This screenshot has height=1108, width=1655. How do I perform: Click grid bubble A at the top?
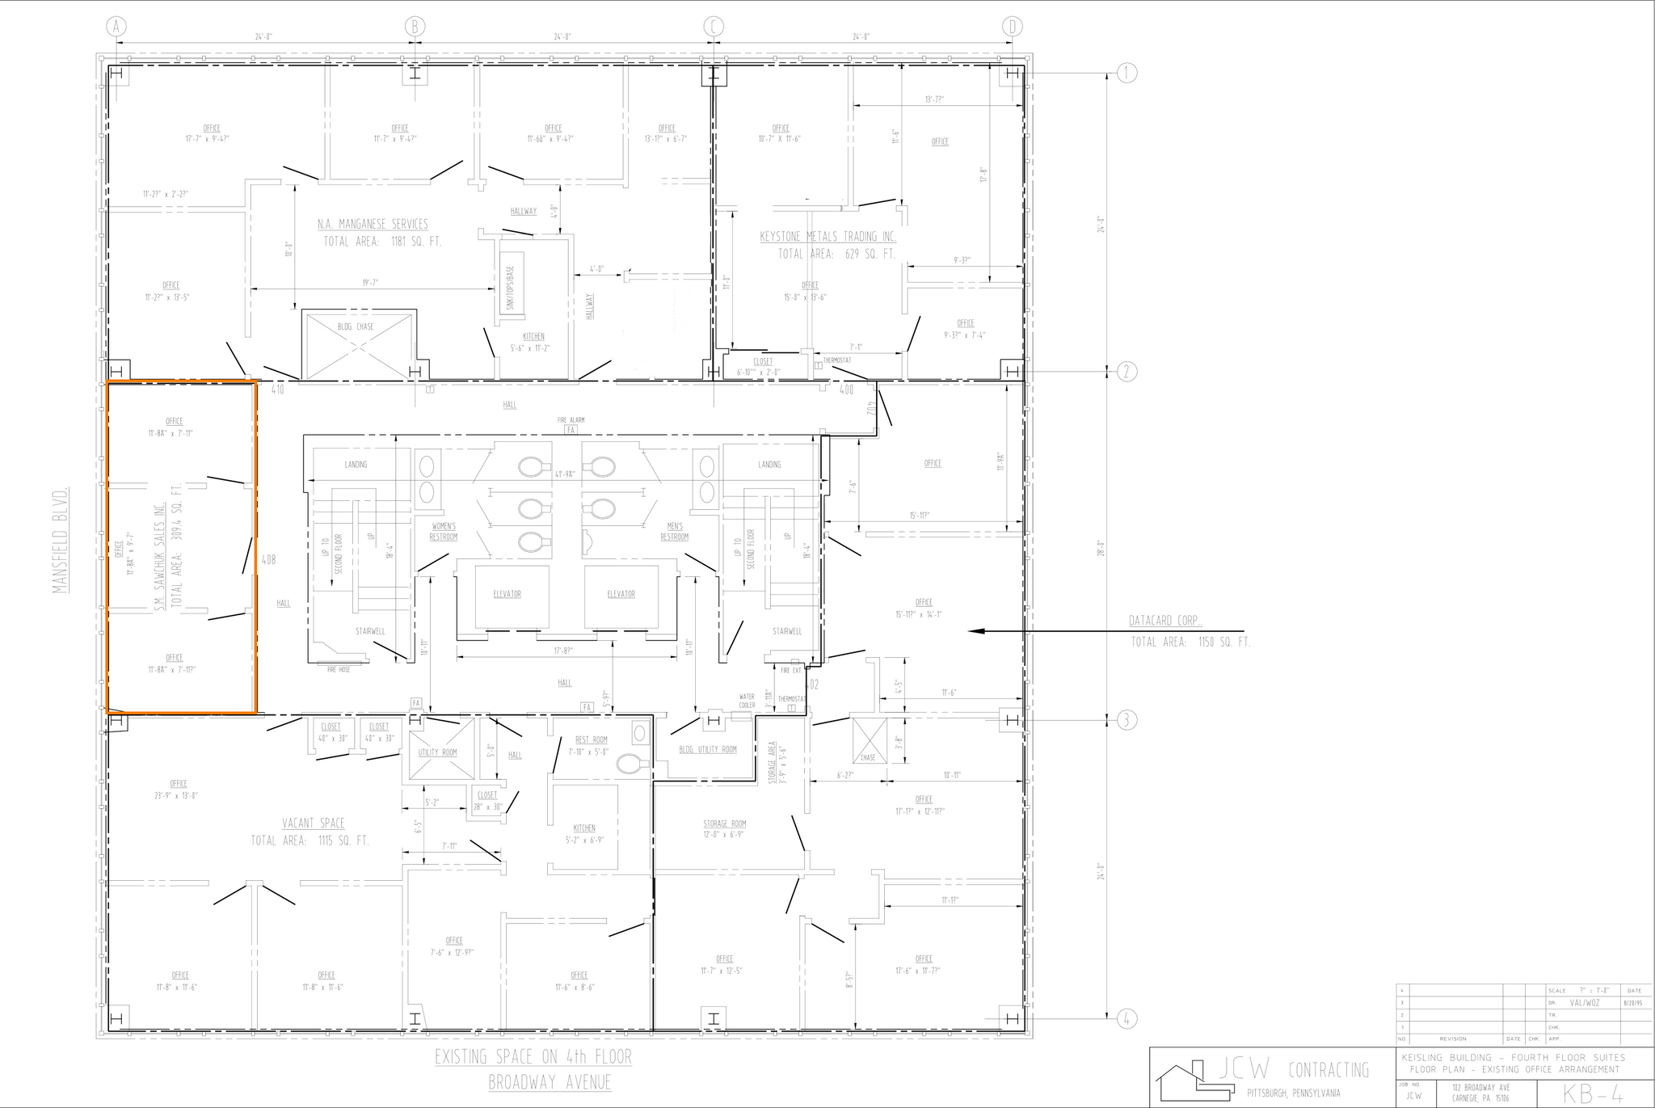[116, 27]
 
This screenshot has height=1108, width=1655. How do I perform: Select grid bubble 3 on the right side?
[1127, 720]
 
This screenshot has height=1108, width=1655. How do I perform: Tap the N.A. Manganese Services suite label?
[373, 224]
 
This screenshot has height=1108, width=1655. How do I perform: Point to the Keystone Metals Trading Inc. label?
[827, 237]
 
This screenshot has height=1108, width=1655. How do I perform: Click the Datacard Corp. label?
[1164, 621]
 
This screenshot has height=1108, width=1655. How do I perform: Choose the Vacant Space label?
[313, 824]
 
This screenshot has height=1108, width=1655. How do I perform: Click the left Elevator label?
[507, 594]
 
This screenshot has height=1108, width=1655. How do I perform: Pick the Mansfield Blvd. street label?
[60, 539]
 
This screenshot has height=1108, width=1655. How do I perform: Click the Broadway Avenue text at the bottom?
[550, 1082]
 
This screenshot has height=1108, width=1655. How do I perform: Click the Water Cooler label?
[747, 701]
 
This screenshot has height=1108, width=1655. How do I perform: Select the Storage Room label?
[725, 824]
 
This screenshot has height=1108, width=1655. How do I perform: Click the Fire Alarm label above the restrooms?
[571, 420]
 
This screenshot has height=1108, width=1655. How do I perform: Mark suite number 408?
[269, 559]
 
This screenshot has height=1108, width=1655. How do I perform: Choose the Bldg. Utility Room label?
[708, 749]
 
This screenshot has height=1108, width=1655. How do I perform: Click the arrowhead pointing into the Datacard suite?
[975, 630]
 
